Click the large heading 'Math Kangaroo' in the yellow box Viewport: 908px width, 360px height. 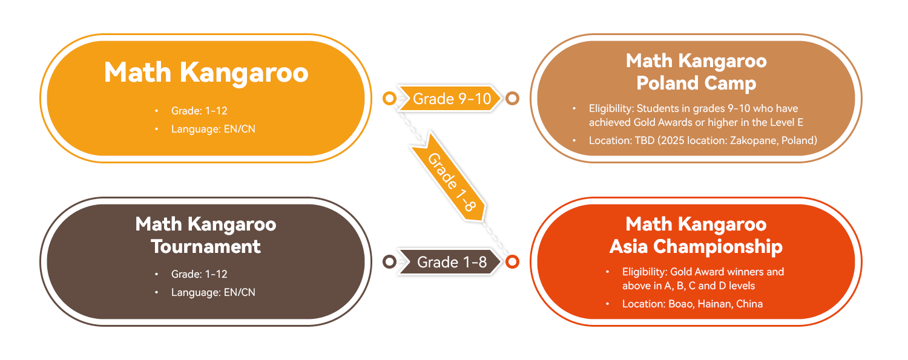[x=206, y=73]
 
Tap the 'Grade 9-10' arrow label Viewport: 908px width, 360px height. [x=451, y=99]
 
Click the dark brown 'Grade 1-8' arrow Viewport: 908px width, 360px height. [x=451, y=262]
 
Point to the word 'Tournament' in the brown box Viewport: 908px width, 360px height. [x=206, y=246]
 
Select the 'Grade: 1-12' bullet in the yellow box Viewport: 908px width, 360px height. [x=199, y=111]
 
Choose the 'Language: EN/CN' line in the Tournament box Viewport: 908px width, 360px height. [x=213, y=292]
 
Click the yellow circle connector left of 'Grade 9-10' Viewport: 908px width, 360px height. [x=389, y=98]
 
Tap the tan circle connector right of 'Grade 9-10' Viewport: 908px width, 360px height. [x=512, y=98]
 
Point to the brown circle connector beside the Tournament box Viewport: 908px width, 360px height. [x=389, y=261]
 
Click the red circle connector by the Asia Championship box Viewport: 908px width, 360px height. [x=512, y=261]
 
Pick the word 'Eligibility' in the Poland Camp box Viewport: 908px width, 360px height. [x=611, y=109]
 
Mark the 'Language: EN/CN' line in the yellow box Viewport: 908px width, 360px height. [x=213, y=129]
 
